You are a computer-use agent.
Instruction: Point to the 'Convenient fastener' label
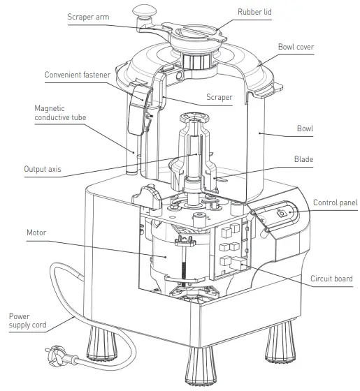point(79,74)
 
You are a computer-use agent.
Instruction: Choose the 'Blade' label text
point(303,159)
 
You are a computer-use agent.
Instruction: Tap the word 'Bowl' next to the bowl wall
point(304,128)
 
